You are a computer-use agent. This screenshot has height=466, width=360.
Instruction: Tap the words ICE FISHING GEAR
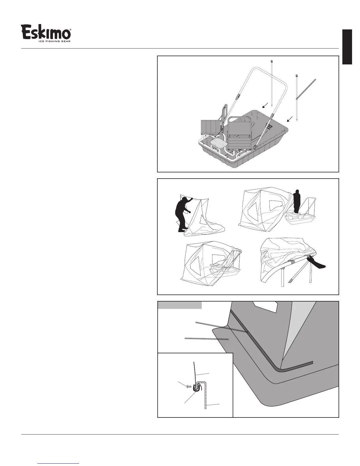tap(54, 41)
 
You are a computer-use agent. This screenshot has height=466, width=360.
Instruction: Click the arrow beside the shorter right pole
tap(290, 119)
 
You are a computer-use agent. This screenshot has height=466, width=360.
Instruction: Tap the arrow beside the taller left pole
tap(265, 105)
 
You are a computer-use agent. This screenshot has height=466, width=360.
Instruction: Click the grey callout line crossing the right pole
tap(306, 89)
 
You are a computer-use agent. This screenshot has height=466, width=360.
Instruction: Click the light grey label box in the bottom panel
tap(180, 305)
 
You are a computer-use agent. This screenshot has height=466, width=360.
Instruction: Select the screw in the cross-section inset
tap(189, 386)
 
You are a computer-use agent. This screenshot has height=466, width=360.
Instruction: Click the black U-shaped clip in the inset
tap(196, 388)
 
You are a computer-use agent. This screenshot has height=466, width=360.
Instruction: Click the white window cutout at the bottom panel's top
tap(266, 306)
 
